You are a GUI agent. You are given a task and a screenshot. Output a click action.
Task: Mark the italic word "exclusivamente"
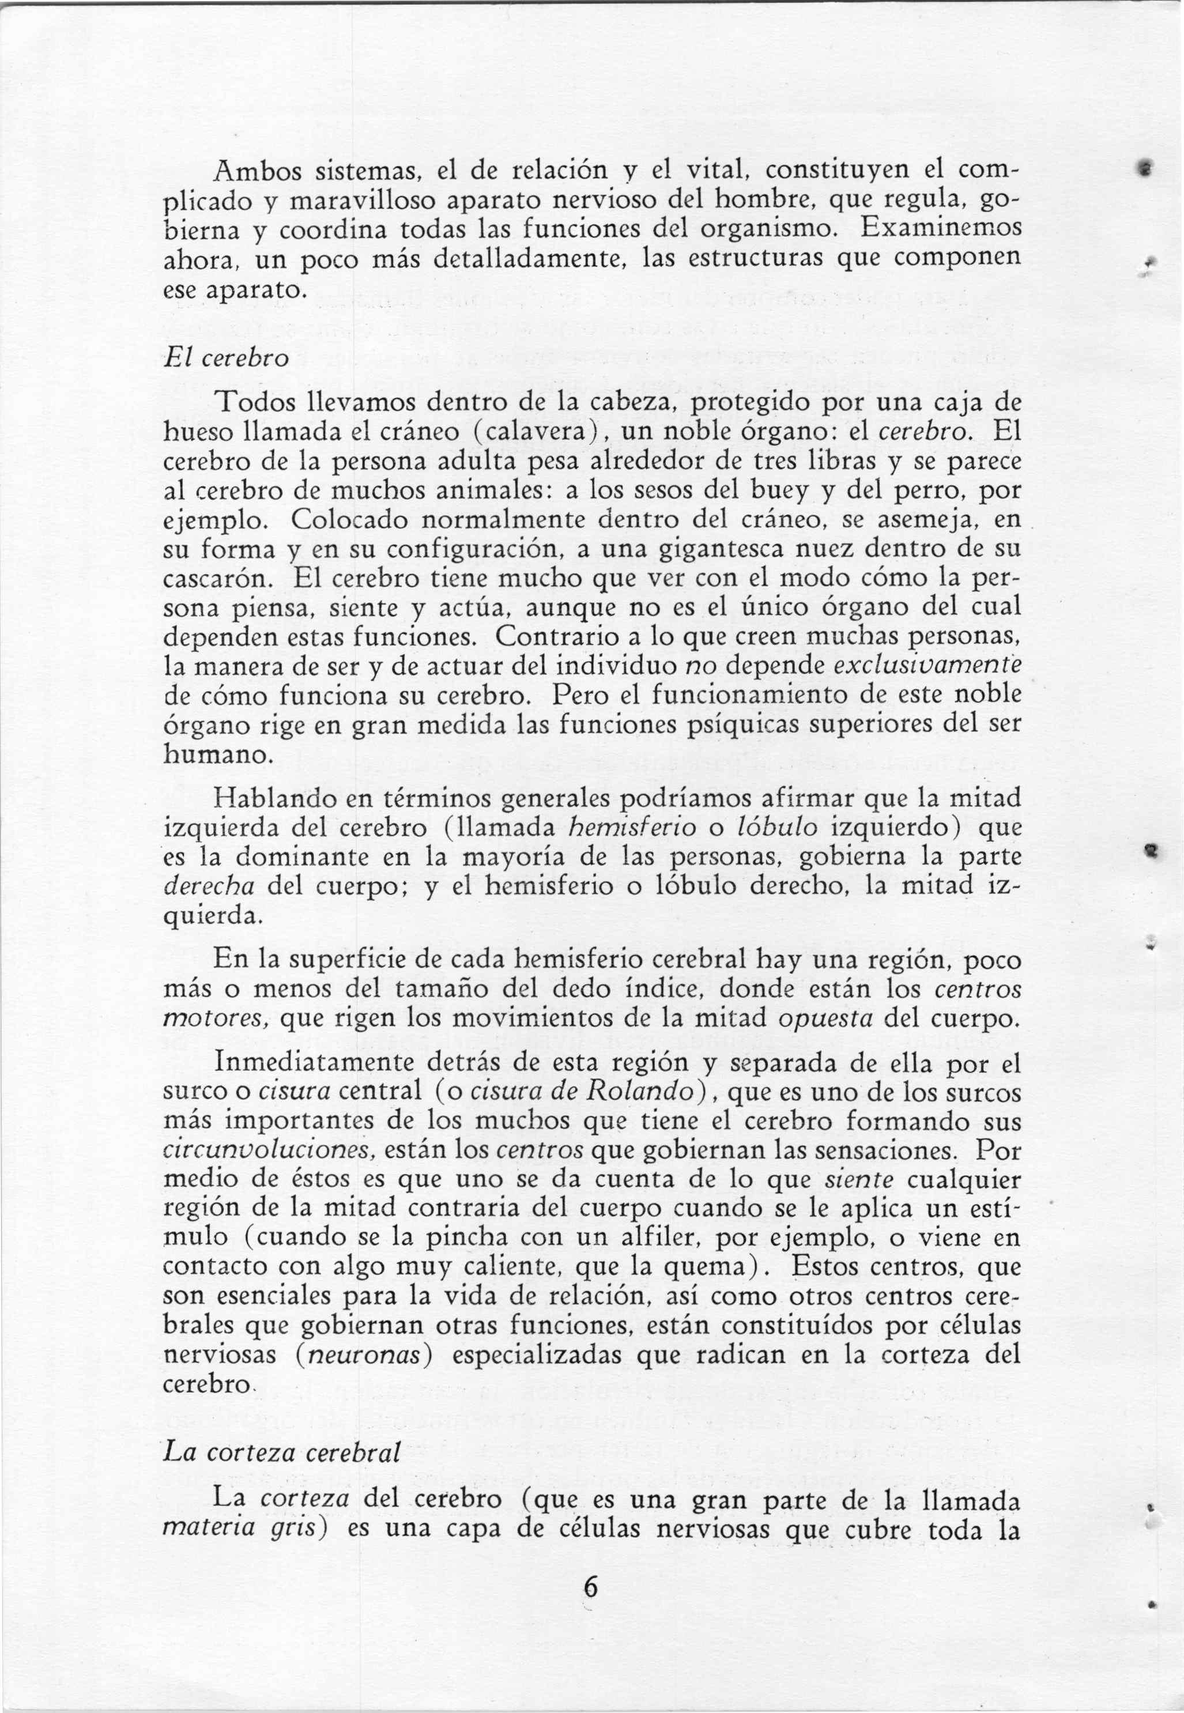pyautogui.click(x=927, y=667)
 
